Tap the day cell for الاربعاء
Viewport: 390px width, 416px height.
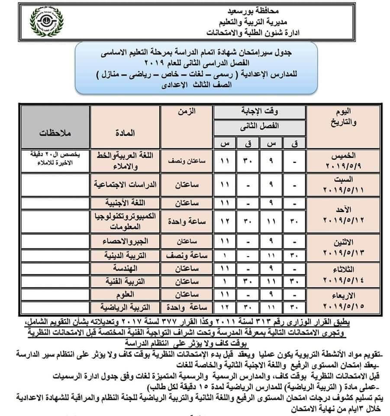point(342,301)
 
